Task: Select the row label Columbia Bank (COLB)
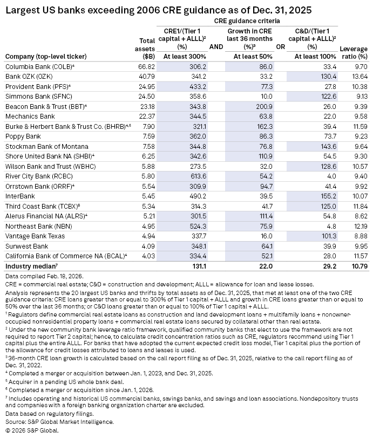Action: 32,66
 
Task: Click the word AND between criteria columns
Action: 216,47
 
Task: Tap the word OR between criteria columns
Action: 281,47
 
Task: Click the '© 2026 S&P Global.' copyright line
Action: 31,430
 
